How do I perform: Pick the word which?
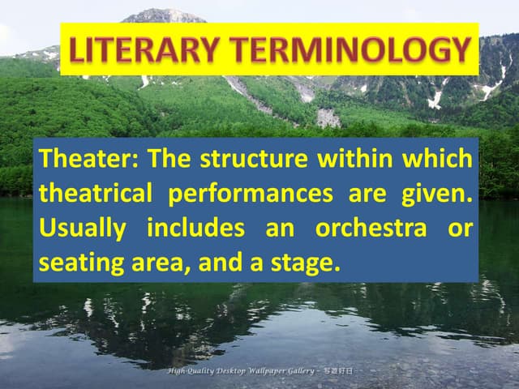[x=440, y=158]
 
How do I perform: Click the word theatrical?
[x=96, y=194]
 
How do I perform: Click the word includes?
[x=195, y=229]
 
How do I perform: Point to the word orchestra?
[x=371, y=229]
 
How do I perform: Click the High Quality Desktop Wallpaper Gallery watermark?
[x=259, y=370]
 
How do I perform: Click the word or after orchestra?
[x=459, y=229]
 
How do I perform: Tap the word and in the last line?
[x=220, y=263]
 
